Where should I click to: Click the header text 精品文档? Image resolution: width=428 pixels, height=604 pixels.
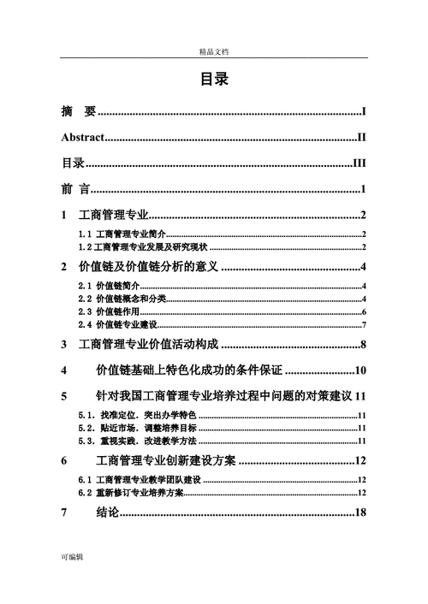214,52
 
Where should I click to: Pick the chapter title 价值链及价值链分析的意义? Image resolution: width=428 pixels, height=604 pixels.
150,267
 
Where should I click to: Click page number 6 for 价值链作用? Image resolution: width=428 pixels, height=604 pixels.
364,311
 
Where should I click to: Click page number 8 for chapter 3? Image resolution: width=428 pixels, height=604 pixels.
363,345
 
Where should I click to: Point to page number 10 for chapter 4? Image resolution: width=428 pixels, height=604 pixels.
360,370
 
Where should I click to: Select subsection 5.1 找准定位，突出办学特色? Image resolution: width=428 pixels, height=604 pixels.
137,415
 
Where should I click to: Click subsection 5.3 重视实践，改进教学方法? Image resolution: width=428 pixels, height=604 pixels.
137,441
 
